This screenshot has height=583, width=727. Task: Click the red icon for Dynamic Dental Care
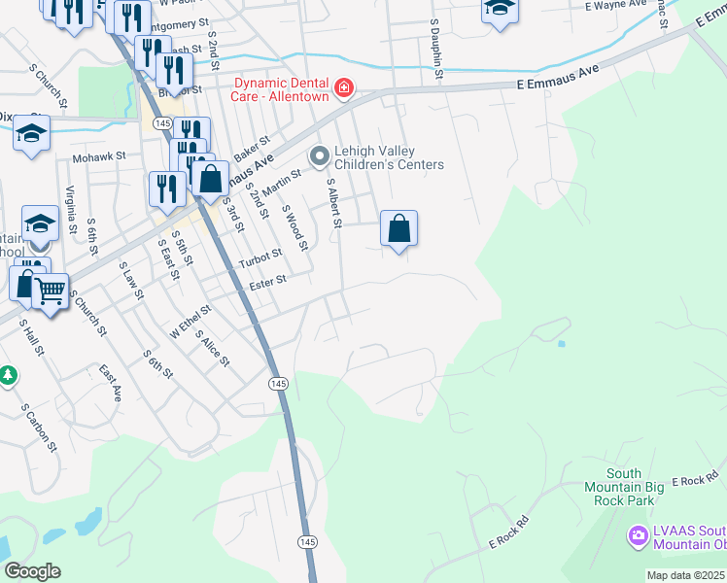343,89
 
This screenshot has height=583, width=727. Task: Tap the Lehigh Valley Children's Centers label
389,157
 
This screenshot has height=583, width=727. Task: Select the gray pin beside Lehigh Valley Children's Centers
318,155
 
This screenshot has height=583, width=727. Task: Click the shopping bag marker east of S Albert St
398,230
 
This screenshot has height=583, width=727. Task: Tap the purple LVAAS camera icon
639,535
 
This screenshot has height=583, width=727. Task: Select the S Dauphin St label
436,53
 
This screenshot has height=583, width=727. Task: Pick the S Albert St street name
333,203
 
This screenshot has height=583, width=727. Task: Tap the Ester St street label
267,282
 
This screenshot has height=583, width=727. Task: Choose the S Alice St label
212,349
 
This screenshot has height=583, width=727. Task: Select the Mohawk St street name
100,155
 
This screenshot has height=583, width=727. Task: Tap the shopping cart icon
51,290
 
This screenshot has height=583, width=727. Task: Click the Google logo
32,571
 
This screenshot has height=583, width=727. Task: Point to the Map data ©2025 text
685,575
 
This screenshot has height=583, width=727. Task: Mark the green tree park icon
8,374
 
